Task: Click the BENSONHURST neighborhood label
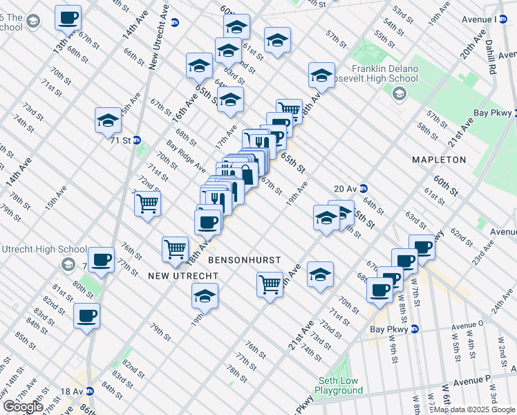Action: [245, 260]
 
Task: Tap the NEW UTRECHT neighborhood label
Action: [183, 276]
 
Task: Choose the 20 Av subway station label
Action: [345, 188]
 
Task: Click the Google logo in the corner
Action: [23, 407]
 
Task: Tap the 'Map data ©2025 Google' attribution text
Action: [473, 409]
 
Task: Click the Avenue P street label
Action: [473, 379]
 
